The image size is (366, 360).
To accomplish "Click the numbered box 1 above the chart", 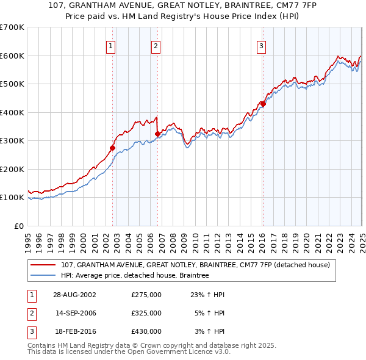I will click(111, 45).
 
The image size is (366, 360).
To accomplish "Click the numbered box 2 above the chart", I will click(156, 45).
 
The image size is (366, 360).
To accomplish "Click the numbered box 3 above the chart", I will click(261, 45).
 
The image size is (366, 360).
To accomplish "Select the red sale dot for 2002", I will click(113, 148).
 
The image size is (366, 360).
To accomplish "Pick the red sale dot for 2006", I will click(157, 134).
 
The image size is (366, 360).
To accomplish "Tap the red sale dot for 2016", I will click(263, 104).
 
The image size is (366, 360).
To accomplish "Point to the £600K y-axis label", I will click(12, 56).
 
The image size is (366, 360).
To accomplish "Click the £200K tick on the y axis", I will click(12, 169).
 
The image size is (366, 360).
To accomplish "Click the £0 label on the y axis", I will click(18, 226).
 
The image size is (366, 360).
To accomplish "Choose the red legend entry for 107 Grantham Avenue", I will click(195, 265).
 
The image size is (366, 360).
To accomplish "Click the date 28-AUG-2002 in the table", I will click(75, 295).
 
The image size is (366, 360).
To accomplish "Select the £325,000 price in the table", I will click(146, 313).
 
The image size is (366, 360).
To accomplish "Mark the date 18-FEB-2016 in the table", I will click(75, 331).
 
